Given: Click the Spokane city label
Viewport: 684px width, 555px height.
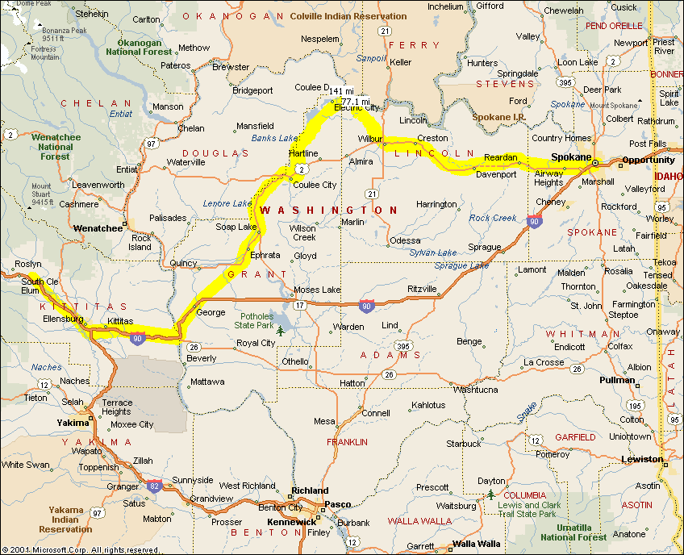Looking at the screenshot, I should tap(571, 157).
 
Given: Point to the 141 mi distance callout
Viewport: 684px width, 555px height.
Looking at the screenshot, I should tap(341, 91).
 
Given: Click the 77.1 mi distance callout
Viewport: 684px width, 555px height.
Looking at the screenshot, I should tap(355, 102).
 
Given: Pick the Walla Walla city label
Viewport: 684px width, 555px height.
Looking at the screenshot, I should tap(477, 544).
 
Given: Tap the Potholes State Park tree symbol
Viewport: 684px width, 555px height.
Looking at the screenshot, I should tap(280, 330).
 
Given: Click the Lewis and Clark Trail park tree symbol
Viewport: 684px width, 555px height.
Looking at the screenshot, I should tap(489, 494).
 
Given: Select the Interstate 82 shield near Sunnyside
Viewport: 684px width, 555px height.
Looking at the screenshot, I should tap(154, 485).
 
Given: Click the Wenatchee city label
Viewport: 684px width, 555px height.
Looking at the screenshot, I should tap(98, 228).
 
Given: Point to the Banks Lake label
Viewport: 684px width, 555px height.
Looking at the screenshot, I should tap(274, 138).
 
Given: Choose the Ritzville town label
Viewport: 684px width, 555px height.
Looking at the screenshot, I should tap(422, 289).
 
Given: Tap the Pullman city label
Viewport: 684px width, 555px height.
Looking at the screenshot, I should tap(617, 379).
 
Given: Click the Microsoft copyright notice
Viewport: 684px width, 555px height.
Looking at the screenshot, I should tap(70, 549).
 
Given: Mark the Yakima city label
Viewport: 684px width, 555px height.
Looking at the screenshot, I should tap(73, 423).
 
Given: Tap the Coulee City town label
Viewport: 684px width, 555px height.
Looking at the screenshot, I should tap(315, 185).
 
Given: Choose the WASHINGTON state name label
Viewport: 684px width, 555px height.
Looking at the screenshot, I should tap(328, 210).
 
